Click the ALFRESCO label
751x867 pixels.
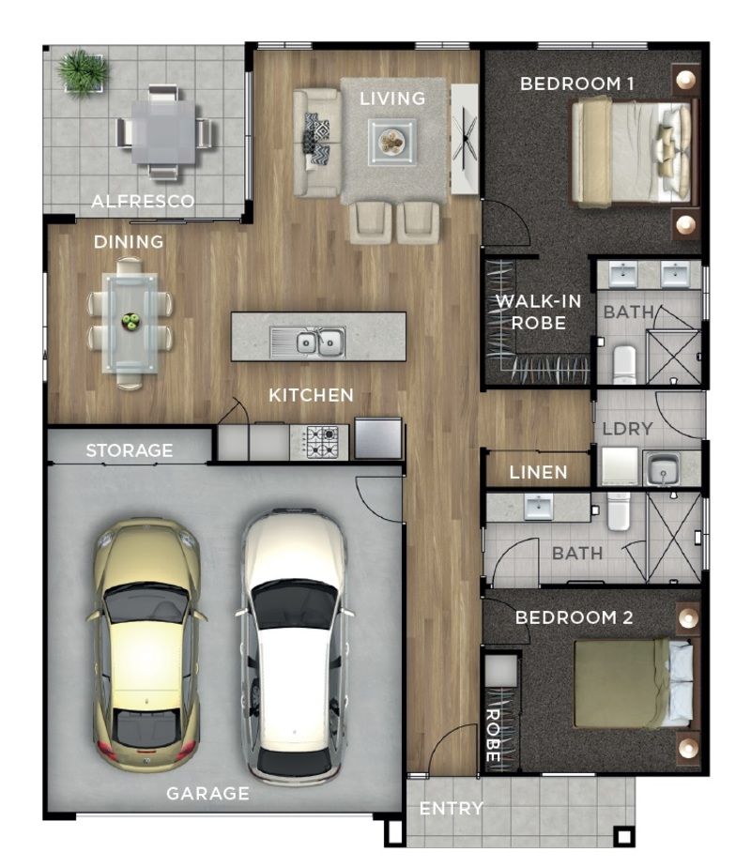pyautogui.click(x=143, y=201)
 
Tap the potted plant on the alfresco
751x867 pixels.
pyautogui.click(x=83, y=72)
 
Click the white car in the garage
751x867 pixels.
pyautogui.click(x=294, y=646)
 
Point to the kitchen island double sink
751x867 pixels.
pyautogui.click(x=308, y=342)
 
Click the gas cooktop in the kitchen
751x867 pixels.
pyautogui.click(x=319, y=442)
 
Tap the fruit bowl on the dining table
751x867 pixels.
pyautogui.click(x=130, y=321)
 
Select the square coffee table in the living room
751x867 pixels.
pyautogui.click(x=392, y=142)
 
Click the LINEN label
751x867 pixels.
pyautogui.click(x=538, y=472)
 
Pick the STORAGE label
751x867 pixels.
pyautogui.click(x=130, y=450)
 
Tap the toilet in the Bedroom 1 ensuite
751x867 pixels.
pyautogui.click(x=625, y=364)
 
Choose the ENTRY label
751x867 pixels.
pyautogui.click(x=452, y=809)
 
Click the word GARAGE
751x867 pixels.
pyautogui.click(x=208, y=794)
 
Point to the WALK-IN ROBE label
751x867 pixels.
pyautogui.click(x=538, y=312)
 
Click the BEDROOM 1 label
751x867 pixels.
pyautogui.click(x=576, y=84)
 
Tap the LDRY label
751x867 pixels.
pyautogui.click(x=627, y=429)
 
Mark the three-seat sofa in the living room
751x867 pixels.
pyautogui.click(x=316, y=143)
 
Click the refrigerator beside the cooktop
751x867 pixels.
pyautogui.click(x=378, y=438)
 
